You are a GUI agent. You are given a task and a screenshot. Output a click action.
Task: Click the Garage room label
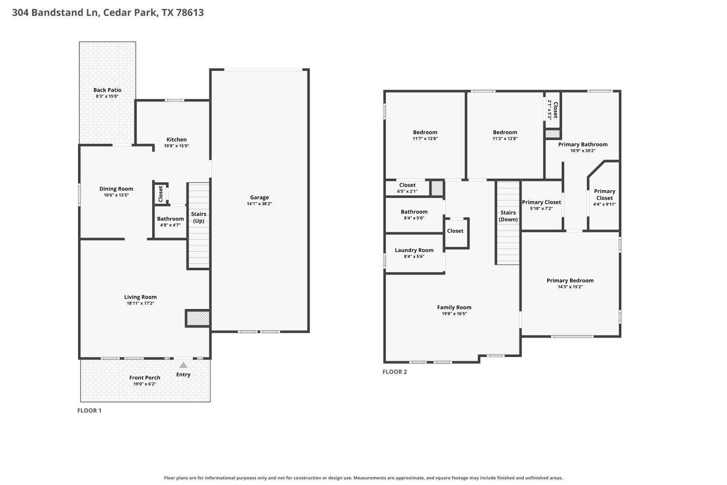coord(259,197)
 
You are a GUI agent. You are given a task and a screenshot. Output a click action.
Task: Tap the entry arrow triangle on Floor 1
coord(183,365)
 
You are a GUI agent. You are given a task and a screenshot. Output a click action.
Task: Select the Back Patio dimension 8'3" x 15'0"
coord(107,96)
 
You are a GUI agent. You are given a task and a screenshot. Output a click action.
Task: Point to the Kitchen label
coord(176,139)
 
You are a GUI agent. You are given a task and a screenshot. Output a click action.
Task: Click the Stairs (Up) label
coord(199,217)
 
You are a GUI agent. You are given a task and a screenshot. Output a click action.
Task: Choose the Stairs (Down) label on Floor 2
coord(508,216)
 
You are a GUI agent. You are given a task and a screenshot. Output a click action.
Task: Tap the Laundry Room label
coord(414,250)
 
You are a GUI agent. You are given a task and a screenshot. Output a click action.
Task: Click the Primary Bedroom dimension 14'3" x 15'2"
coord(570,287)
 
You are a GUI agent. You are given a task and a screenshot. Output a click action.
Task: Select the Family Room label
coord(454,307)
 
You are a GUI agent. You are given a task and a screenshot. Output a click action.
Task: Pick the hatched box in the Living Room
coord(198,318)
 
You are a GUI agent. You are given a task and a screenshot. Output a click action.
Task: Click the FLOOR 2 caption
coord(395,372)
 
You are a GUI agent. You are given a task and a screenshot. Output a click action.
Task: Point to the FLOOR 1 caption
coord(89,411)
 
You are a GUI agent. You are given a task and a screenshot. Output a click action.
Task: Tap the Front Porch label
coord(145,377)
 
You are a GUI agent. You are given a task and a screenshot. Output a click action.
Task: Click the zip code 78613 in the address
coord(190,12)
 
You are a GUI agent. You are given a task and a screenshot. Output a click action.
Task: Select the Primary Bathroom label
coord(583,144)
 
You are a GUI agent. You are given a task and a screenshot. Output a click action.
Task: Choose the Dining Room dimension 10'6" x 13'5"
coord(116,195)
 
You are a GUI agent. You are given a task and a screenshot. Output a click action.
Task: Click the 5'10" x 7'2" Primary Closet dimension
coord(541,209)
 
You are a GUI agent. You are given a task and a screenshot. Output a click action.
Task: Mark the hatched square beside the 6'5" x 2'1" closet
coord(437,188)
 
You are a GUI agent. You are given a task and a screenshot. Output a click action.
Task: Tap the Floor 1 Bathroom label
coord(171,219)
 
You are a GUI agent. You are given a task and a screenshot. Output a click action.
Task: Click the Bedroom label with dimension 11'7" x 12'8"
coord(425,132)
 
